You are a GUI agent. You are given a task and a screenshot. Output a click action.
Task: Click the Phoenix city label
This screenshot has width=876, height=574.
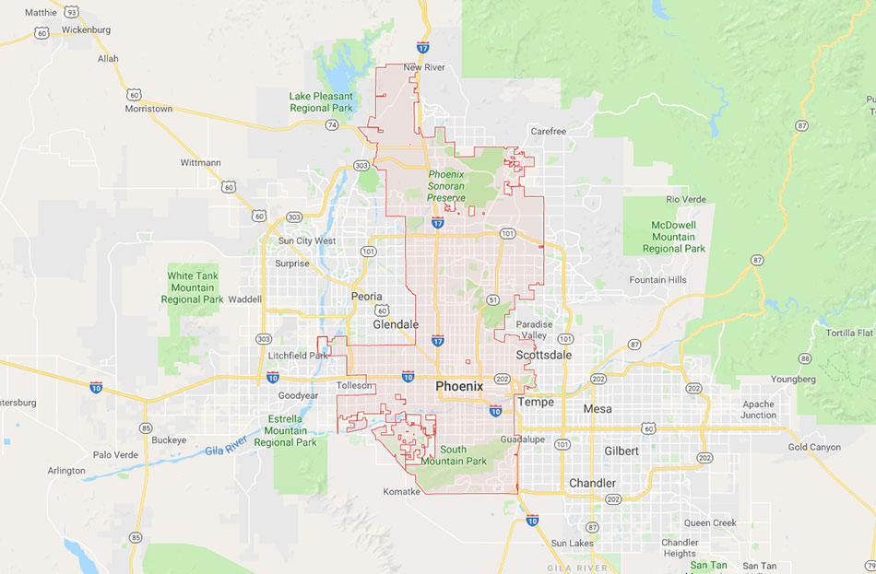(459, 387)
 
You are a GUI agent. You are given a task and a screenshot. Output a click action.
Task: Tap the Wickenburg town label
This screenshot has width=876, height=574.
(86, 29)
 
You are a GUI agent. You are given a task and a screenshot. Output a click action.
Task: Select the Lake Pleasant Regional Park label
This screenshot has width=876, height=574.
(321, 101)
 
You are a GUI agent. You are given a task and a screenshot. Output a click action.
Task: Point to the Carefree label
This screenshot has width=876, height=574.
(549, 132)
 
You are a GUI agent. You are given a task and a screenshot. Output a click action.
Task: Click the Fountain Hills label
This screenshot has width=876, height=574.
(658, 280)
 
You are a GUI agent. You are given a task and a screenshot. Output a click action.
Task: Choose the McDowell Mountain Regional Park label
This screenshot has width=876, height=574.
(674, 237)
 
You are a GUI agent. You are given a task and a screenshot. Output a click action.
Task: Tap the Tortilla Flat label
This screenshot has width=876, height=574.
(849, 333)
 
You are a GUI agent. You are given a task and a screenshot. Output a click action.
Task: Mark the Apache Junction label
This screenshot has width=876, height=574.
(759, 409)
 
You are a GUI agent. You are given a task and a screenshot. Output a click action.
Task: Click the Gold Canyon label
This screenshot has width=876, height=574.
(814, 448)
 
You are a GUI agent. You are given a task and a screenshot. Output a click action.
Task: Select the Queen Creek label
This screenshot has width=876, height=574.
(710, 523)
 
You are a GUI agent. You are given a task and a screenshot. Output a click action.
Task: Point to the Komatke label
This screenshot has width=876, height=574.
(402, 492)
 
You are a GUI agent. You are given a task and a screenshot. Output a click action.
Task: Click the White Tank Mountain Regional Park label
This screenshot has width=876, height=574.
(193, 287)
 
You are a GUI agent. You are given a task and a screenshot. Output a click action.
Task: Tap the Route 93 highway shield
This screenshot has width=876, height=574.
(71, 12)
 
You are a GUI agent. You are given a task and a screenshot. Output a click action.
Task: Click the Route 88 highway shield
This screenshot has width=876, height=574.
(805, 358)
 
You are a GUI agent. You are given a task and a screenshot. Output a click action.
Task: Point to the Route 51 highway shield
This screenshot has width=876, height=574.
(494, 300)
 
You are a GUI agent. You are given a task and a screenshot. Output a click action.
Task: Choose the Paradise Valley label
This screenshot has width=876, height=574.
(534, 330)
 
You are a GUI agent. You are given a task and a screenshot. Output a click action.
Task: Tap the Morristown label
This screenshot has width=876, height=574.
(148, 109)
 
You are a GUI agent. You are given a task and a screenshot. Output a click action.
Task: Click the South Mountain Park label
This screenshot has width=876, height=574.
(464, 455)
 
